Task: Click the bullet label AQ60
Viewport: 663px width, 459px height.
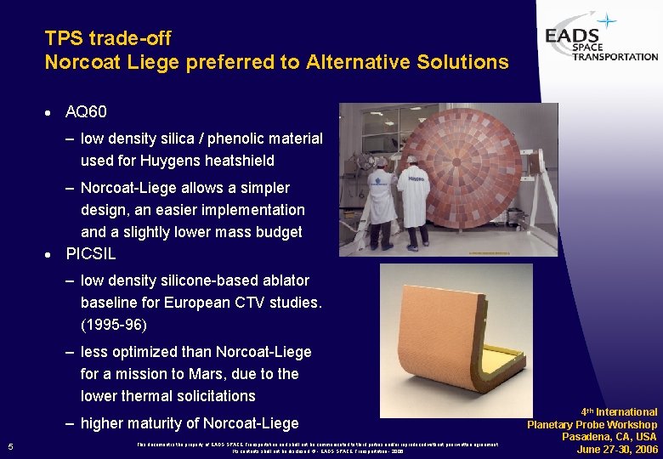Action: click(86, 112)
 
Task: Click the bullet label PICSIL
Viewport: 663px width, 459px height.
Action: click(91, 253)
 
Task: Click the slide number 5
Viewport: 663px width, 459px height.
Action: click(9, 447)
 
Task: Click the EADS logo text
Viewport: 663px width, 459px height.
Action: click(573, 37)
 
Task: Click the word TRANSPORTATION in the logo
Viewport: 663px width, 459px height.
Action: click(615, 57)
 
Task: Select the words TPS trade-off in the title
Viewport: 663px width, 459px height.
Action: click(108, 38)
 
